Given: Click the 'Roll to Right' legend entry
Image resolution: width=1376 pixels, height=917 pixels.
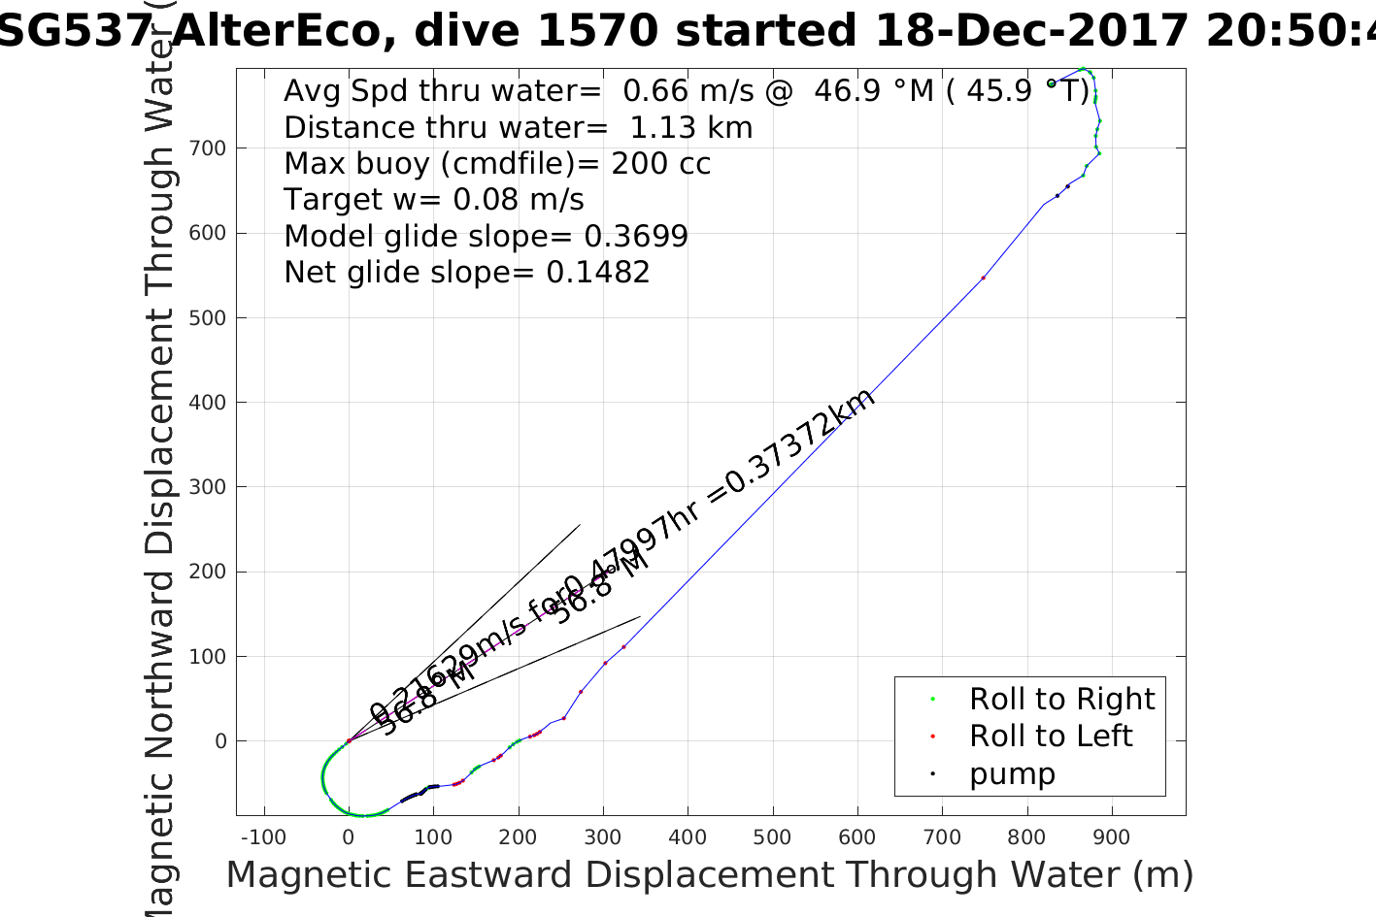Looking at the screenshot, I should point(1061,700).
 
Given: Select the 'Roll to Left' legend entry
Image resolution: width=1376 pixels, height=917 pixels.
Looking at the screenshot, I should point(1050,737).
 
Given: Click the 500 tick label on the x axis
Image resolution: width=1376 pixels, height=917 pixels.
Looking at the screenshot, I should point(773,837).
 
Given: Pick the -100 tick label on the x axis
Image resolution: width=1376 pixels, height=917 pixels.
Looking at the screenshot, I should point(262,837).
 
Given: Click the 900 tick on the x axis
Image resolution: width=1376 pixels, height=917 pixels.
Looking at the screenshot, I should point(1112,815).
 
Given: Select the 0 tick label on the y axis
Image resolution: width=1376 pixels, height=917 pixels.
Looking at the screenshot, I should point(221,741).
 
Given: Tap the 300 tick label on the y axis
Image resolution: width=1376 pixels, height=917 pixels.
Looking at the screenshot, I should point(208,487).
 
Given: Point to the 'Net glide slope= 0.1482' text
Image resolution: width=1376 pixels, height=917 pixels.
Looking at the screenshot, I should point(466,273).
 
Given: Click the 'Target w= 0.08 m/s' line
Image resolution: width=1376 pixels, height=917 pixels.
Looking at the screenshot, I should point(433,200).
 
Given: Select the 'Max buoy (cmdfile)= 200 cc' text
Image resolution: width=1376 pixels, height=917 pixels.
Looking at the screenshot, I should point(497,164).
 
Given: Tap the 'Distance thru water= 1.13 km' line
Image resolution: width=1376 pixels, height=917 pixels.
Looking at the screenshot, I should point(518,128).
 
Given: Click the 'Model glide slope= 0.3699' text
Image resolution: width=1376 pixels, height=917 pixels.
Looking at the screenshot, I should point(486,237).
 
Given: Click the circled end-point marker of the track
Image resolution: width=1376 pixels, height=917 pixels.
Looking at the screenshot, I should point(1051,83).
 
